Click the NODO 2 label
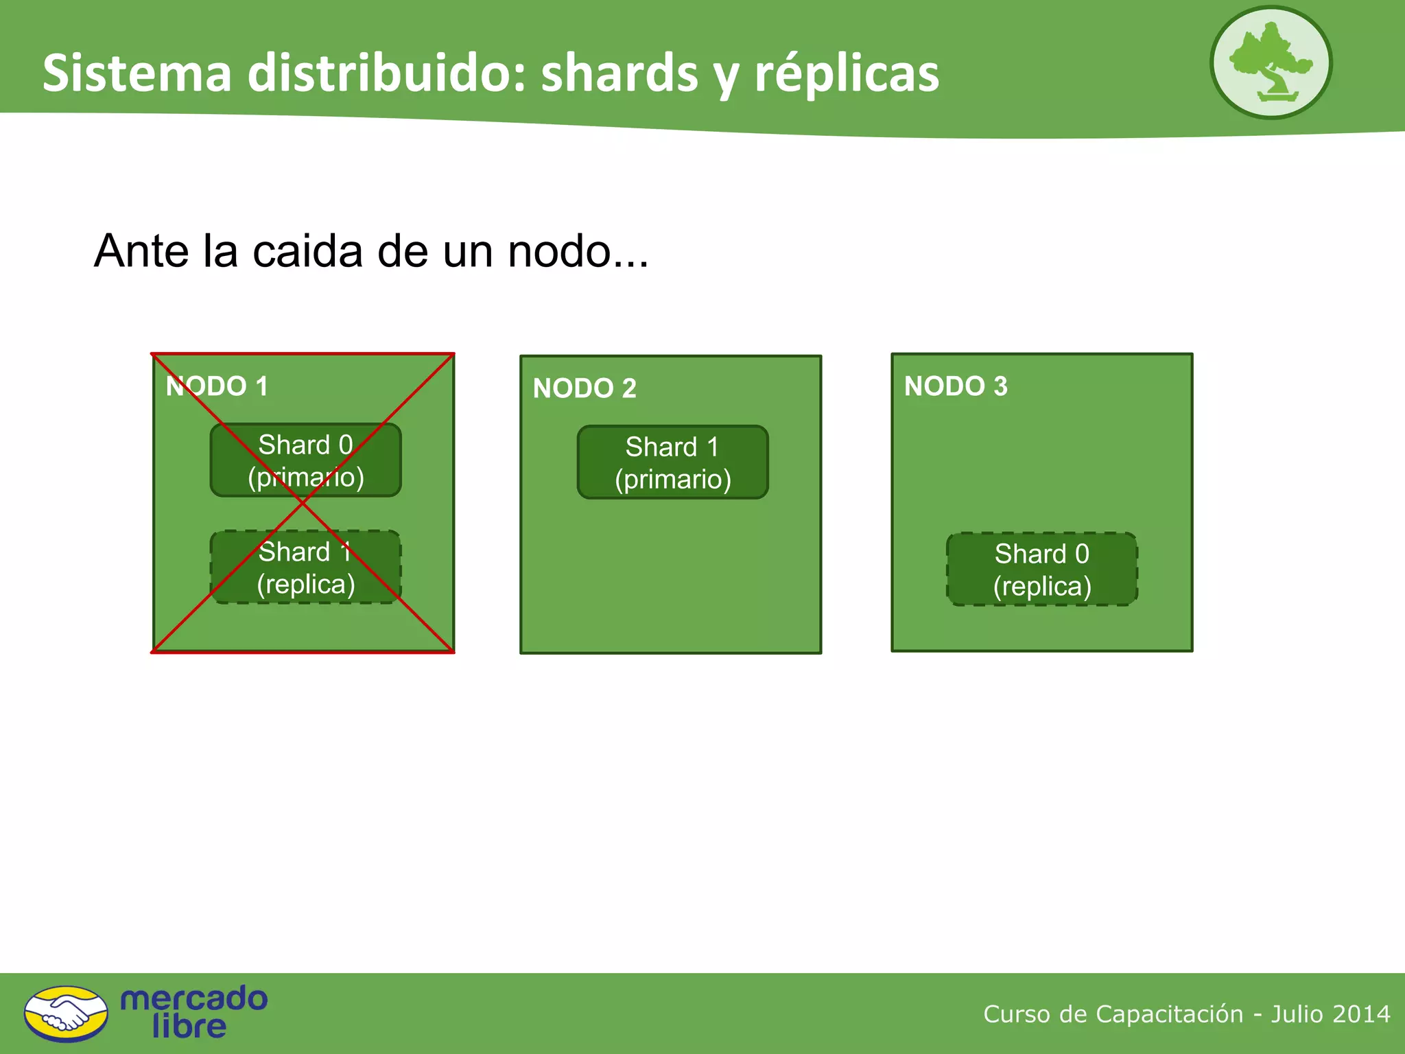(x=585, y=388)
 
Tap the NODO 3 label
(x=956, y=386)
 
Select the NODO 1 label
(x=217, y=386)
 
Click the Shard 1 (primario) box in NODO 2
(x=672, y=462)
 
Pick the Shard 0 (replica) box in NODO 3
(x=1041, y=570)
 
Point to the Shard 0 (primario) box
(x=305, y=460)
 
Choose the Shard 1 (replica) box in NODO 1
(x=305, y=567)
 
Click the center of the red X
(x=303, y=503)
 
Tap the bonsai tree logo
(x=1271, y=62)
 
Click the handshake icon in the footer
(x=66, y=1014)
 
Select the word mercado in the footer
(x=193, y=998)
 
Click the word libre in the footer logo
(x=189, y=1027)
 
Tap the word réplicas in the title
(x=847, y=73)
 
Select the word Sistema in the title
(x=137, y=73)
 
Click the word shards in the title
(x=619, y=73)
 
